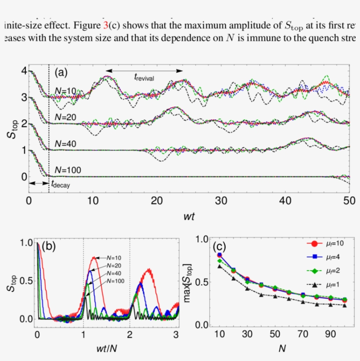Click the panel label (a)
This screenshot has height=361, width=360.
(61, 72)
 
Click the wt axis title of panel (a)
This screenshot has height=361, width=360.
(189, 217)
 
